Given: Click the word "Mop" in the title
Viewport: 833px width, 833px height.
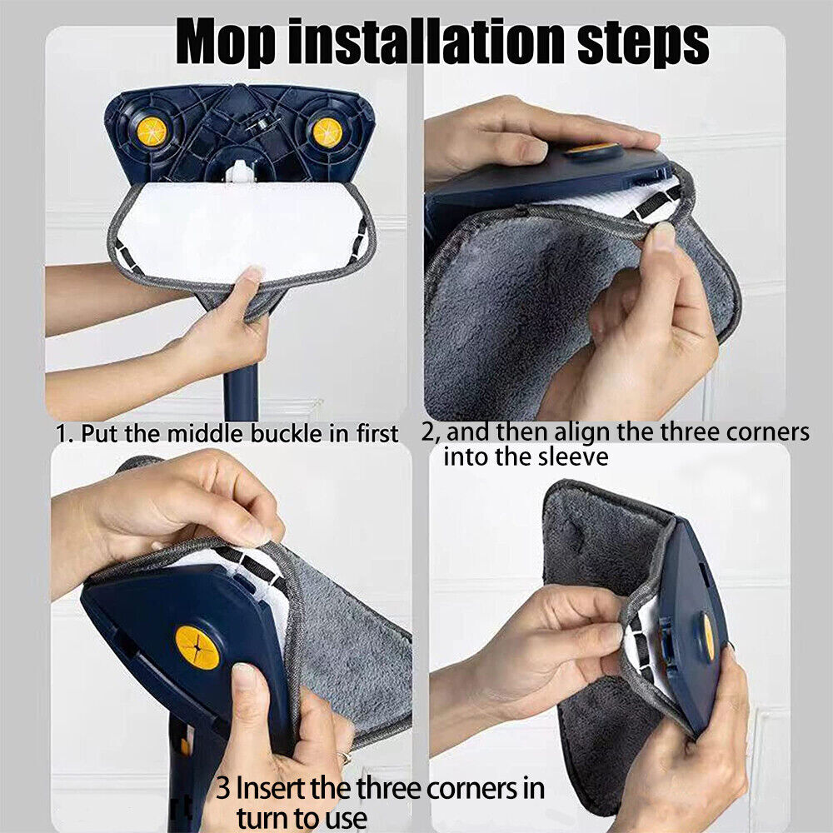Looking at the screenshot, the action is tap(227, 42).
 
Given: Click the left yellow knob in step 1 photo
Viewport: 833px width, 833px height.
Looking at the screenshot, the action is tap(152, 132).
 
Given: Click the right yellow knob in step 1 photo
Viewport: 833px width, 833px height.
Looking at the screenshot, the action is tap(327, 132).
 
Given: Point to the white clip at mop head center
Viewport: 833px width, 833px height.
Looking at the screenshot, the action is tap(240, 172).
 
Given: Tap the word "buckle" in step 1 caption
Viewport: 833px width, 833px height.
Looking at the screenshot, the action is tap(287, 433).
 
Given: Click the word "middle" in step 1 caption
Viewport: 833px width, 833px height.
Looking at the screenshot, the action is tap(206, 433).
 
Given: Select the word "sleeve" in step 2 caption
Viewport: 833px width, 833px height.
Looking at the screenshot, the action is tap(571, 457).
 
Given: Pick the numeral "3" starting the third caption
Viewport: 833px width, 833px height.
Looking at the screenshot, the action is tap(223, 788).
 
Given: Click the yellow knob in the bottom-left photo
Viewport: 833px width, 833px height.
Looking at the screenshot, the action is tap(197, 647).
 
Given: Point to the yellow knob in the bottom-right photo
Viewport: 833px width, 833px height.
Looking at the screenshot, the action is tap(709, 636).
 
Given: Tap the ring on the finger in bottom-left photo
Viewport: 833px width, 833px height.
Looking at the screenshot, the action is tap(347, 758).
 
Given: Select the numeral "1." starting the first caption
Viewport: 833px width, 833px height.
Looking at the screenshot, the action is tap(65, 434).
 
